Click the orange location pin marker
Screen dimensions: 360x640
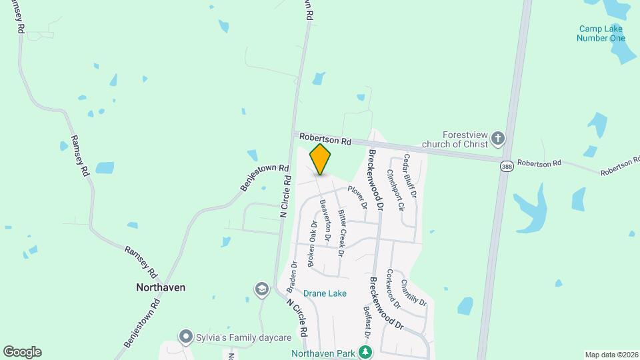(x=321, y=159)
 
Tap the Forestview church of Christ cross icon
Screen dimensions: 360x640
(x=498, y=139)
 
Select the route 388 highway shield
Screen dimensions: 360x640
(x=507, y=168)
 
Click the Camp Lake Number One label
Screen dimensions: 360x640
(x=602, y=33)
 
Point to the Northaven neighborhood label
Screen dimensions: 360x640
(x=160, y=287)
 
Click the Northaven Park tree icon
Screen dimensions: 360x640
(x=365, y=351)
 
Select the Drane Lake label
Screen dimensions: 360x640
(x=325, y=293)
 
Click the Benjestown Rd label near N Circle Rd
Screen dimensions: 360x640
(x=265, y=178)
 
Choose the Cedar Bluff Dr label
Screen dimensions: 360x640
(x=409, y=177)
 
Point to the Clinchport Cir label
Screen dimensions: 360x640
(x=396, y=190)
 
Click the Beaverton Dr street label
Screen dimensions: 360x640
(x=326, y=220)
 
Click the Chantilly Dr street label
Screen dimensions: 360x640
(x=413, y=293)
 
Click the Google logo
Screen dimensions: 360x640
(x=22, y=352)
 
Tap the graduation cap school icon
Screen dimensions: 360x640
(x=262, y=289)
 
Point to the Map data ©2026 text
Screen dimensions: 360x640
(x=611, y=355)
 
